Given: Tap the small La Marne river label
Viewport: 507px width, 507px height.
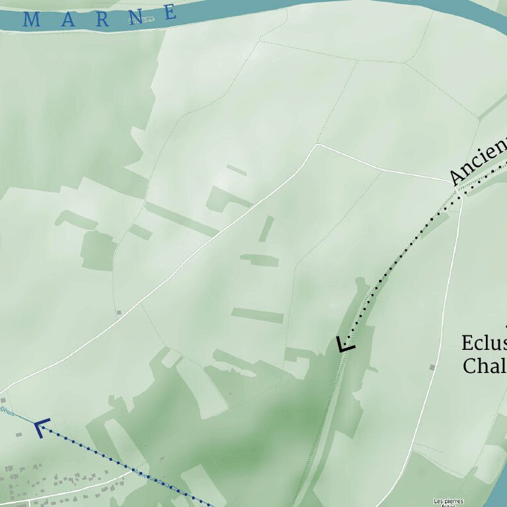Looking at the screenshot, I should coord(141,19).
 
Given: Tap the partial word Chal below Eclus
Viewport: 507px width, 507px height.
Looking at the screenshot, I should coord(484,366).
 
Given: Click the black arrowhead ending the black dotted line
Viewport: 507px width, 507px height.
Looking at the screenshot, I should coord(345,345).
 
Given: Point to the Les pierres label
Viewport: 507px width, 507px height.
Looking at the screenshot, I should coord(448,501).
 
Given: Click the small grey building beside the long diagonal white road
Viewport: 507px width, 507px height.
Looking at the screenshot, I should coord(118,312).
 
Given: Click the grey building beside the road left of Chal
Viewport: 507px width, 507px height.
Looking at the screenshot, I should coord(432,366).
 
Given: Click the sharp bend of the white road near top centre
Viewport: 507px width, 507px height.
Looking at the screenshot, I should coord(318,145).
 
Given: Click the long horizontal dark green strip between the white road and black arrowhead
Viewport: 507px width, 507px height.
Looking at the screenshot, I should coord(257,314).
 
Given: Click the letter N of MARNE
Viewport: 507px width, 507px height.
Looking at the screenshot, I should coord(137,16).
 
